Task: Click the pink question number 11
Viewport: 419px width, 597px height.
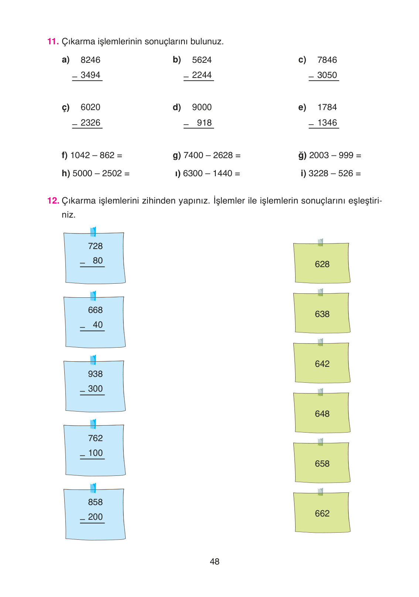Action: coord(53,41)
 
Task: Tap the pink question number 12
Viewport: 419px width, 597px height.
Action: coord(53,201)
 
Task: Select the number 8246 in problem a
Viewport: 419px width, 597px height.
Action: coord(91,60)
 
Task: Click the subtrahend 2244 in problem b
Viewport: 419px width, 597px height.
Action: coord(202,75)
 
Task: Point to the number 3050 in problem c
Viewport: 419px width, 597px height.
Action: coord(327,75)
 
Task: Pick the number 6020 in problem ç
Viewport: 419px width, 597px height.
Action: coord(91,107)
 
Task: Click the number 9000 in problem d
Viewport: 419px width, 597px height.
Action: coord(202,107)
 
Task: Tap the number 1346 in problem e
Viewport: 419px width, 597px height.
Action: coord(327,123)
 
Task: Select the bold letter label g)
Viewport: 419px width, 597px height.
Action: coord(177,156)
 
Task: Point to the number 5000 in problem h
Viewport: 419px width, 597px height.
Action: coord(82,173)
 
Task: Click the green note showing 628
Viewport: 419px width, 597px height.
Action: coord(322,263)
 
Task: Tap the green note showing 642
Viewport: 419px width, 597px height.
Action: coord(322,362)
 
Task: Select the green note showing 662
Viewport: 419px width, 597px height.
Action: coord(322,512)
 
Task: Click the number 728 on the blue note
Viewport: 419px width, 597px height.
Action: coord(95,246)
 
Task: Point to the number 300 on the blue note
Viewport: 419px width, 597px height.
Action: coord(95,389)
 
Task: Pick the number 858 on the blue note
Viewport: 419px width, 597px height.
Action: coord(95,502)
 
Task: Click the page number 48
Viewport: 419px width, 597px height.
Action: coord(215,562)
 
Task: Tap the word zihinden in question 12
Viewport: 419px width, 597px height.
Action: coord(159,201)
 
